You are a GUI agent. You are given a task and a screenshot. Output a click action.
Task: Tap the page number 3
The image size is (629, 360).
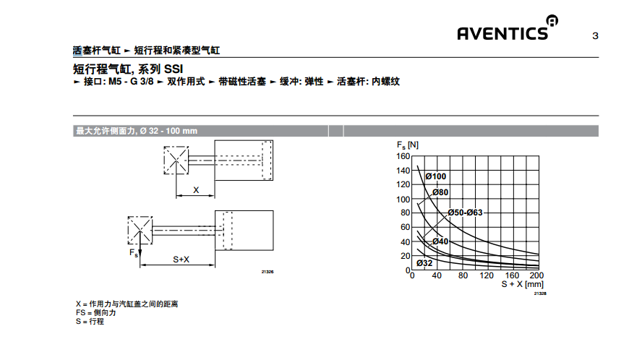[595, 36]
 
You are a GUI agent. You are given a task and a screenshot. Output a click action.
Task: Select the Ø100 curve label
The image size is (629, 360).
[436, 176]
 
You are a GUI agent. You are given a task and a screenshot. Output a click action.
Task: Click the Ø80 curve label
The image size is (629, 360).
[440, 192]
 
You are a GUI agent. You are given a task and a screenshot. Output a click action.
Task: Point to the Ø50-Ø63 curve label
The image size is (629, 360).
[466, 213]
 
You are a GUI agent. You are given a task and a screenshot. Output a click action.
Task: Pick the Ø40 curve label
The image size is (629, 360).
[440, 241]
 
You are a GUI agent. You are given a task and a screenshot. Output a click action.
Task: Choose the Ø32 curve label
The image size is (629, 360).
[424, 263]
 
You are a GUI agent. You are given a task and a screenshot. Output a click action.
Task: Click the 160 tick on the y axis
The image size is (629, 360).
[403, 156]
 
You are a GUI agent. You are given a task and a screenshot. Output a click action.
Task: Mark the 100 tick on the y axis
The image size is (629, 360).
[403, 200]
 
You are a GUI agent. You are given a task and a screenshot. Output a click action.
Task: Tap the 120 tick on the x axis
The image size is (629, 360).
[487, 275]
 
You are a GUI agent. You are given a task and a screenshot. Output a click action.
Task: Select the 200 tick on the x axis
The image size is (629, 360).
[536, 275]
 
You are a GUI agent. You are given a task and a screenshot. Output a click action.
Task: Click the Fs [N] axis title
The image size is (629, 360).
[408, 145]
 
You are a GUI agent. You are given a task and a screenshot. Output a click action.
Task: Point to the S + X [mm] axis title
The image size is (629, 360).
[522, 284]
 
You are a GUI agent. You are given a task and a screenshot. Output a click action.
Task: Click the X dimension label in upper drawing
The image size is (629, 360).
[196, 190]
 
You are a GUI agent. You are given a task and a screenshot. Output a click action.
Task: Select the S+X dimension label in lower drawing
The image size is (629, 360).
[181, 260]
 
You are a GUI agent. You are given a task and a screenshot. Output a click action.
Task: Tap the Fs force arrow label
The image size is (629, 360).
[134, 253]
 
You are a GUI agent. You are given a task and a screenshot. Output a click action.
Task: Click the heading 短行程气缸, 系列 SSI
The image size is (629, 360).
[127, 69]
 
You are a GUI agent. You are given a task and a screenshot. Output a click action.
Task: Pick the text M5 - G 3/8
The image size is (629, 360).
[131, 82]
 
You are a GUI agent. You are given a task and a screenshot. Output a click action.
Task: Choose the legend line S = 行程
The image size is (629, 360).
[90, 322]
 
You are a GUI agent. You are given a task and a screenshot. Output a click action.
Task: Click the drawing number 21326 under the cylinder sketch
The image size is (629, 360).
[268, 272]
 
